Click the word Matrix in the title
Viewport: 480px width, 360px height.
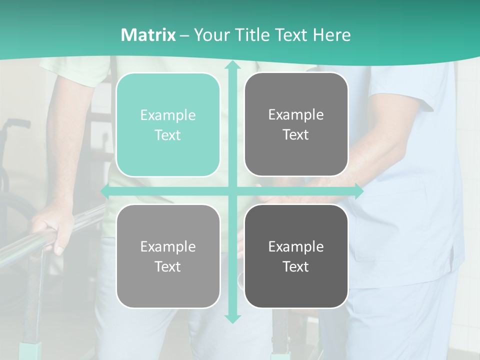click(x=148, y=35)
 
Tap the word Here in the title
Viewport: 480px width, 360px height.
click(x=332, y=35)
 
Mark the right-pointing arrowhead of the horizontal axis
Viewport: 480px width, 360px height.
click(x=359, y=191)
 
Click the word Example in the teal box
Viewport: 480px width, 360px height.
click(x=168, y=115)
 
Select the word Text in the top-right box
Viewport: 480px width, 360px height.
click(x=296, y=135)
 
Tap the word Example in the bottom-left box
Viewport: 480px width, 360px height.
click(x=168, y=246)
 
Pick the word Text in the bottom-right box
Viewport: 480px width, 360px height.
click(x=296, y=266)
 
